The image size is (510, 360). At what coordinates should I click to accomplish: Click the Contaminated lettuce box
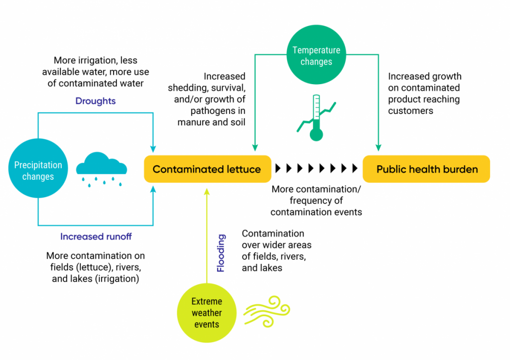tap(207, 169)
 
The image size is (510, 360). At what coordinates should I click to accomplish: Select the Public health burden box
tap(427, 169)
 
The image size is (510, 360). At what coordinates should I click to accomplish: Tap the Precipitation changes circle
tap(38, 170)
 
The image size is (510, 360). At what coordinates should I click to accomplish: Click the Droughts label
tap(96, 101)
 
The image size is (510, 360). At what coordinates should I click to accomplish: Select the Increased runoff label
tap(96, 237)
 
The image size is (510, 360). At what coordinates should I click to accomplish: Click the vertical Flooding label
tap(221, 253)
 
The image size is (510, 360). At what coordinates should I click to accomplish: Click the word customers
tap(410, 111)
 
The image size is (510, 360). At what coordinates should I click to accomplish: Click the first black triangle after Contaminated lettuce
tap(278, 169)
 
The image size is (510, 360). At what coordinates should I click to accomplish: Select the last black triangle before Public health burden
tap(355, 169)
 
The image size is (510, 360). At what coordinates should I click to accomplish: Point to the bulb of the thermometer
tap(316, 134)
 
